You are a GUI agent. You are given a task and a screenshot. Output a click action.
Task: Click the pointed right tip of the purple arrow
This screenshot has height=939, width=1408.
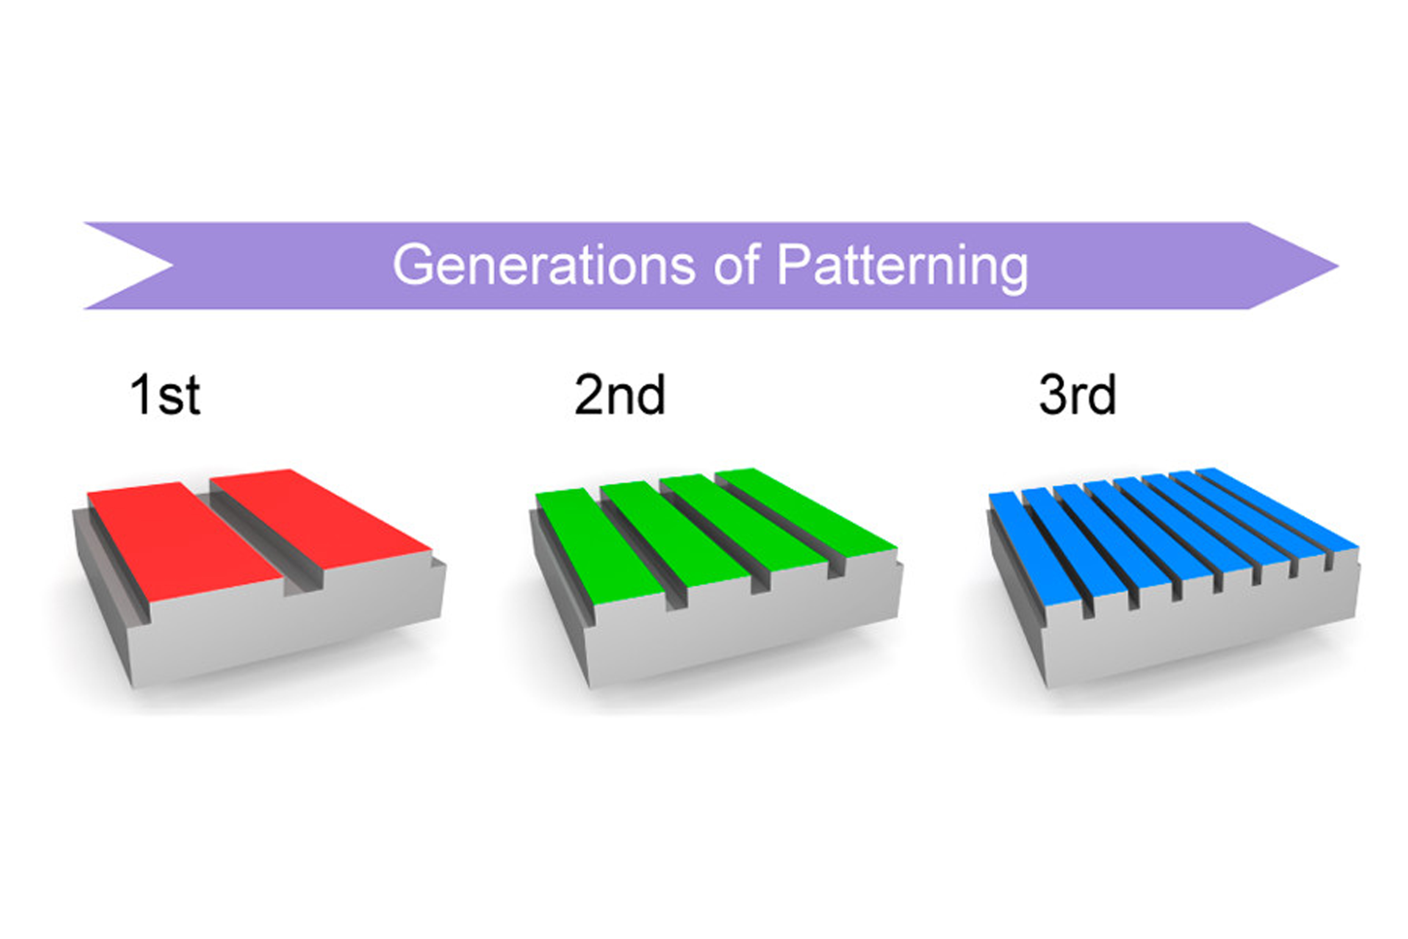1337,266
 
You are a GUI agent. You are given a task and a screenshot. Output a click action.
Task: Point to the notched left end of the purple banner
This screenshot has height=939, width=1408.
172,266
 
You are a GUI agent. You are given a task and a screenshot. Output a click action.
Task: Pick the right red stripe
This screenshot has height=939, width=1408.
320,524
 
